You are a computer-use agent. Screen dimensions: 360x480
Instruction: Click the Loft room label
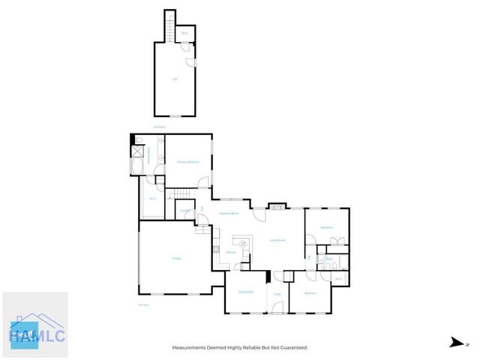(175, 79)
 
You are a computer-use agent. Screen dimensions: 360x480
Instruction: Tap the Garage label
(176, 259)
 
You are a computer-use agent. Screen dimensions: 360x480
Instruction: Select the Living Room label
(275, 240)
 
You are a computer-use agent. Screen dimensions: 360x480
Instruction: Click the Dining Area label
(244, 292)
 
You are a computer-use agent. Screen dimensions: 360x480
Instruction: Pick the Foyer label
(276, 294)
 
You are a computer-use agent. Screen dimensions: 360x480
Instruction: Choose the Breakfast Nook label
(229, 214)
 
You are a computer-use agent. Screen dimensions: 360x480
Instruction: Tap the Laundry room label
(184, 211)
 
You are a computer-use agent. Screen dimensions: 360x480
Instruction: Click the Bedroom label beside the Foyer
(310, 293)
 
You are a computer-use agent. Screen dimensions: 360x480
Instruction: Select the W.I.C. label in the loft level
(184, 33)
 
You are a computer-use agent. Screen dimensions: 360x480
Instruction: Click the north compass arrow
(455, 343)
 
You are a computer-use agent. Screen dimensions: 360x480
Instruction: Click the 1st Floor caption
(143, 304)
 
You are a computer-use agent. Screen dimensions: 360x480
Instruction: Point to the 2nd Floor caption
(159, 127)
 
